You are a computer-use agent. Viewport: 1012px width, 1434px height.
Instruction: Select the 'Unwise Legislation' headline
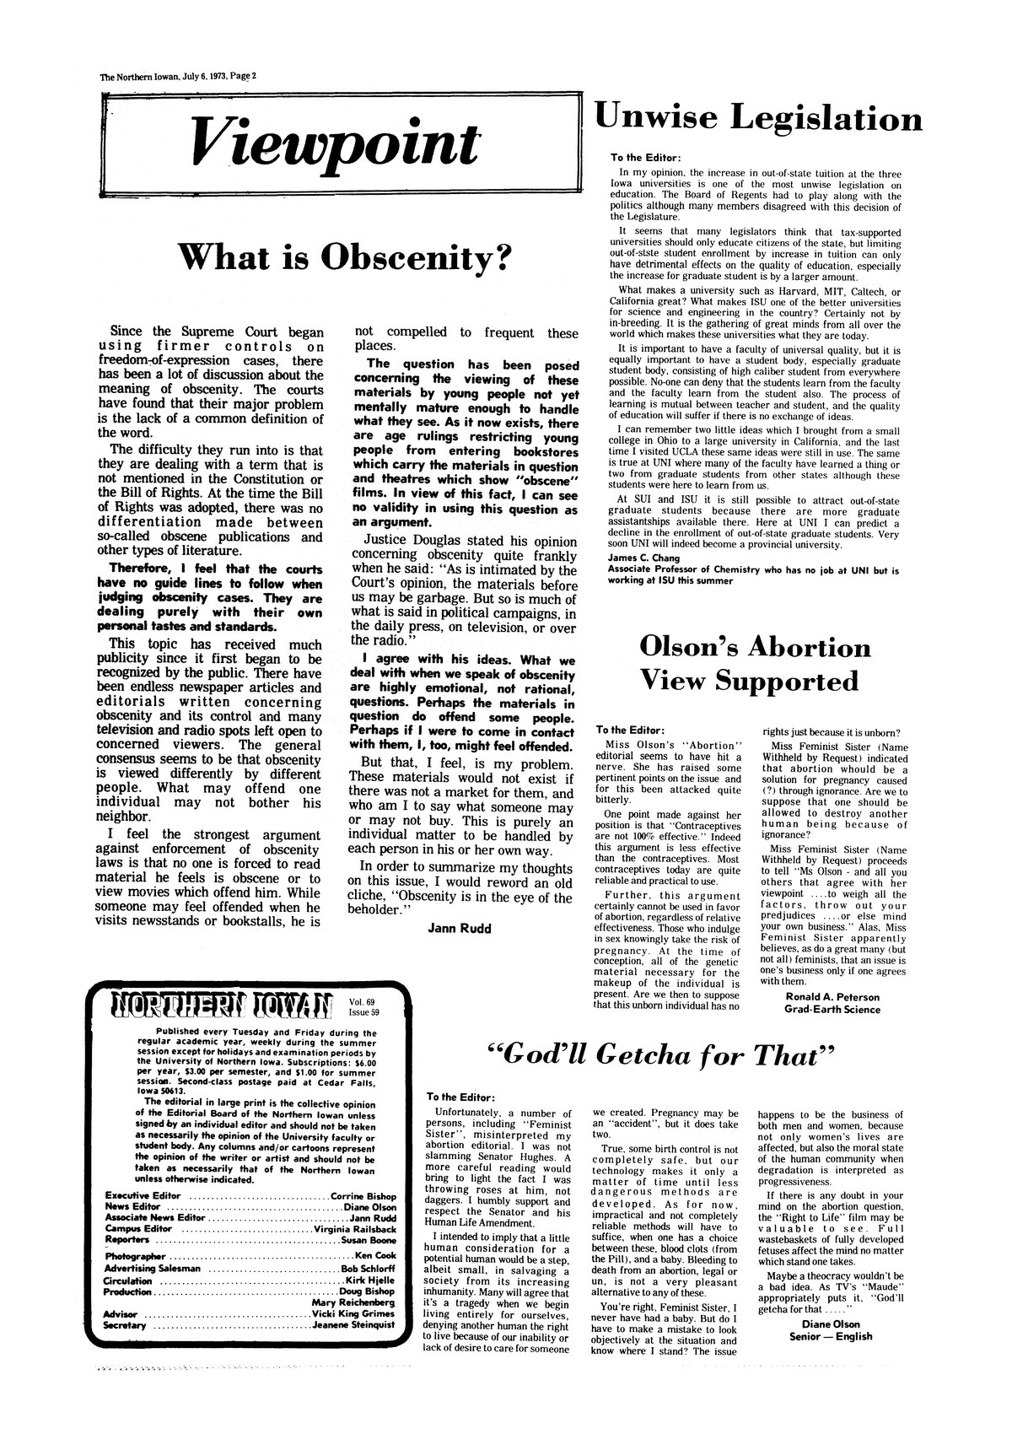coord(759,119)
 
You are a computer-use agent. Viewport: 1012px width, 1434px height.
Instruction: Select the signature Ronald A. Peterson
coord(832,996)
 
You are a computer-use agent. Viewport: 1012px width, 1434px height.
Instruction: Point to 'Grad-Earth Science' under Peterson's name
coord(832,1009)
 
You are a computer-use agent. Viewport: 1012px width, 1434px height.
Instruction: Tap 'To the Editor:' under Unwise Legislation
coord(645,158)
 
